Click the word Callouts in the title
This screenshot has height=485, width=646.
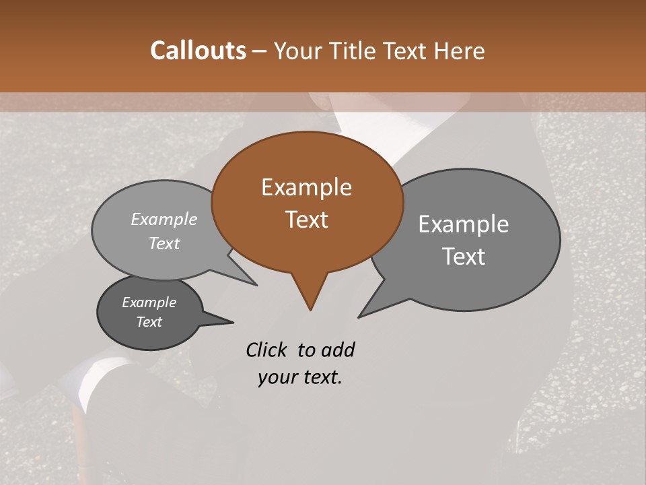pos(198,51)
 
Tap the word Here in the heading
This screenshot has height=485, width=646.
pos(460,51)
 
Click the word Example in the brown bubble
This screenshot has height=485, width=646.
pos(306,187)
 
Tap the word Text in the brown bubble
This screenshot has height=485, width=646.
pos(306,220)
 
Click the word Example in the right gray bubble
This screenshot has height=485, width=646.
pos(463,224)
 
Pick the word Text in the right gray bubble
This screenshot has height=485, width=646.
pos(464,257)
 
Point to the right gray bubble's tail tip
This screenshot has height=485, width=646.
pos(359,316)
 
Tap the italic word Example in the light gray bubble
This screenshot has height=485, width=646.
pos(164,220)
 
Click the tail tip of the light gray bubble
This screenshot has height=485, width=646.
pos(256,285)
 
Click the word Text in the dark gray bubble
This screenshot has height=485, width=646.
pos(149,322)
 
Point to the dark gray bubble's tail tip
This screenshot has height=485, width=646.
pos(233,321)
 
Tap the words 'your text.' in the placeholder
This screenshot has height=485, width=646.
pos(300,377)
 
